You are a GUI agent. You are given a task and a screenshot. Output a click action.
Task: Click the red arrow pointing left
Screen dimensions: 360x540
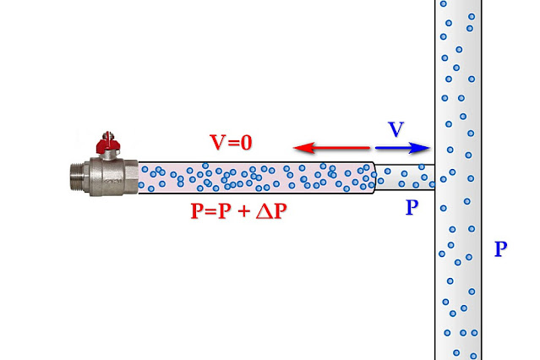tap(333, 150)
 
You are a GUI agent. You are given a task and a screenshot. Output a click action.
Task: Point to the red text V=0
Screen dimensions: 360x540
tap(231, 143)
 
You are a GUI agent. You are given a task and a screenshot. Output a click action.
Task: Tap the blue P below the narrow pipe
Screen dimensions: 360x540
tap(411, 207)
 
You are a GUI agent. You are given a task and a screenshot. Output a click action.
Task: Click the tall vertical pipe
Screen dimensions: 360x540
tap(458, 254)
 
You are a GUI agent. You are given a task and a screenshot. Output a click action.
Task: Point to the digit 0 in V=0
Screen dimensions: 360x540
tap(245, 143)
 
